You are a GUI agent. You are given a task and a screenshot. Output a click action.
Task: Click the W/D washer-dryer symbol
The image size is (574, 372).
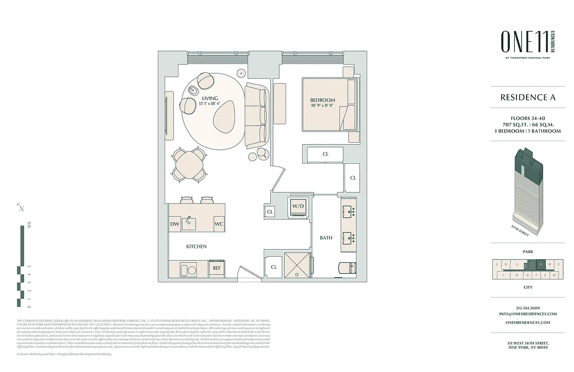tap(298, 206)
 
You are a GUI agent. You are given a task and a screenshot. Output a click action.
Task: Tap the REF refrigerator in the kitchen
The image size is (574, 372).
tap(216, 268)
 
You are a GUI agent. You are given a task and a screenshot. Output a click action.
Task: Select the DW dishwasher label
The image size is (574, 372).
tap(175, 224)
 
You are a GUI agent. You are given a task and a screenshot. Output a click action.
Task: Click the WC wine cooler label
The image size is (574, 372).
tap(219, 224)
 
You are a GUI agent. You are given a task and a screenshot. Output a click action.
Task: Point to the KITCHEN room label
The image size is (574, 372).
tap(196, 246)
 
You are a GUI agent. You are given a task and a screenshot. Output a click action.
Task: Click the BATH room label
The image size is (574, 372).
tap(326, 238)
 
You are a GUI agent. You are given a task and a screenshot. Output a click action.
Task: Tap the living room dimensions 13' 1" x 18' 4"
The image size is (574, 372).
tap(209, 104)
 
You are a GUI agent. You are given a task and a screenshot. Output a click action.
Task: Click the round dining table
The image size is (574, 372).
tap(189, 164)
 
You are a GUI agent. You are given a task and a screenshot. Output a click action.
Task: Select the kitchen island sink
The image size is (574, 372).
tap(189, 223)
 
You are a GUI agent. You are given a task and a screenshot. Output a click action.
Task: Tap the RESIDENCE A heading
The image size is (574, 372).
tap(528, 98)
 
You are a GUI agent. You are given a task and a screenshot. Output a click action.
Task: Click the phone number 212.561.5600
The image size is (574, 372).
tap(528, 308)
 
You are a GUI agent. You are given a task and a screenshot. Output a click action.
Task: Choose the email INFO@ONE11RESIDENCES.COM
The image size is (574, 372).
tap(528, 314)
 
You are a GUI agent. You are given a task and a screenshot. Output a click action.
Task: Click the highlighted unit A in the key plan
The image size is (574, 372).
tap(540, 265)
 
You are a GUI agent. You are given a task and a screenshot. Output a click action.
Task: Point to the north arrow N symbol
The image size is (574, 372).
tap(20, 208)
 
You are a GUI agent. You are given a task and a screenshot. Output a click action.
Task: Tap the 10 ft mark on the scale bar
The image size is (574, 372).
tap(29, 227)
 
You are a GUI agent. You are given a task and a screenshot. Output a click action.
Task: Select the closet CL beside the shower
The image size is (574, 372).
tap(274, 267)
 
